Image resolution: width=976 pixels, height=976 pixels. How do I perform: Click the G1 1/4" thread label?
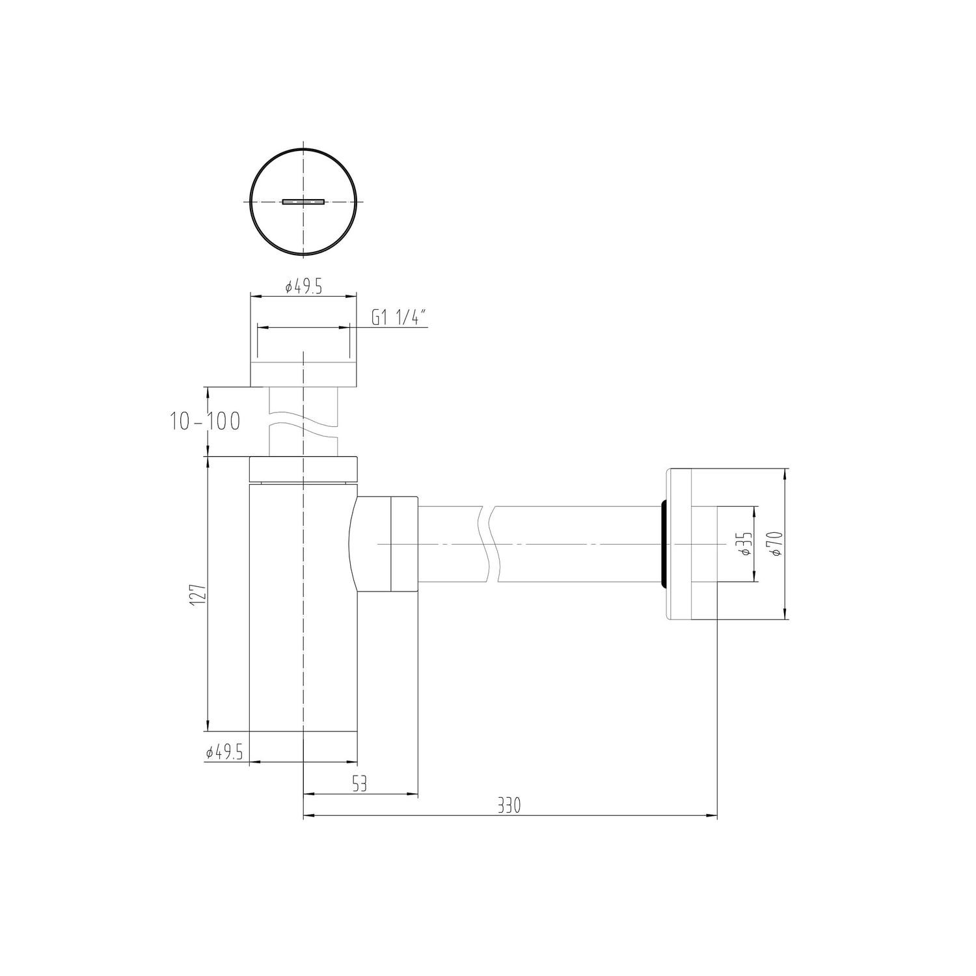pyautogui.click(x=399, y=318)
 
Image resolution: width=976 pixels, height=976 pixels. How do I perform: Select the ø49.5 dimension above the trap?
pyautogui.click(x=304, y=287)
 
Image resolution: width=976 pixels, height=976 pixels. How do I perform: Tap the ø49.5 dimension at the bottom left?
pyautogui.click(x=224, y=753)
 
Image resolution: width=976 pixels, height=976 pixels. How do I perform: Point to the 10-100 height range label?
pyautogui.click(x=205, y=421)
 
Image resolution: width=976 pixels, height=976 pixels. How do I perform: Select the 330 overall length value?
pyautogui.click(x=509, y=806)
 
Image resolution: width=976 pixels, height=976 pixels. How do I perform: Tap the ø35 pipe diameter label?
pyautogui.click(x=746, y=542)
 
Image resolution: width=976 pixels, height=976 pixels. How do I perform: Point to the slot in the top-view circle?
pyautogui.click(x=303, y=202)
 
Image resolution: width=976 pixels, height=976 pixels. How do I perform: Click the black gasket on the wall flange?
pyautogui.click(x=663, y=544)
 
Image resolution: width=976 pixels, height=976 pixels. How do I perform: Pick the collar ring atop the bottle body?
pyautogui.click(x=304, y=469)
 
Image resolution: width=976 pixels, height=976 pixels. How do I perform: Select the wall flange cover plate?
pyautogui.click(x=691, y=543)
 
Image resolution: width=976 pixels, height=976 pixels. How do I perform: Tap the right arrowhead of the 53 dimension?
pyautogui.click(x=413, y=794)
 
